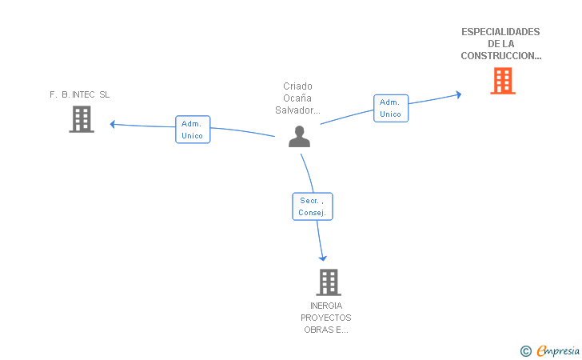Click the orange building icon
[x=503, y=81]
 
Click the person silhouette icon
[x=299, y=136]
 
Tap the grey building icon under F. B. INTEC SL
[x=82, y=119]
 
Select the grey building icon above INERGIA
[x=329, y=282]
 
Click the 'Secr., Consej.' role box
[x=313, y=206]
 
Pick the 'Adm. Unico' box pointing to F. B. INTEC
[x=193, y=130]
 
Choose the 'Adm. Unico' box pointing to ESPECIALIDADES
[x=391, y=108]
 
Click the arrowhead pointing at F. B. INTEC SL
[x=113, y=124]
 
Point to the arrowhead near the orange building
[x=459, y=94]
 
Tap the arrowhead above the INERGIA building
[x=322, y=258]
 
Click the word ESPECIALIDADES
[x=500, y=32]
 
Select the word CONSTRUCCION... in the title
[x=501, y=56]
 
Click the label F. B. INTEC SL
[x=79, y=94]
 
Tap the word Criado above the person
[x=297, y=86]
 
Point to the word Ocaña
[x=297, y=98]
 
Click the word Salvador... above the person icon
[x=297, y=110]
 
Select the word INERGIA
[x=326, y=306]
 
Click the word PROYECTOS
[x=326, y=318]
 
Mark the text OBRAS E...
[x=324, y=330]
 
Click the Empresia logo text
[x=558, y=350]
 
